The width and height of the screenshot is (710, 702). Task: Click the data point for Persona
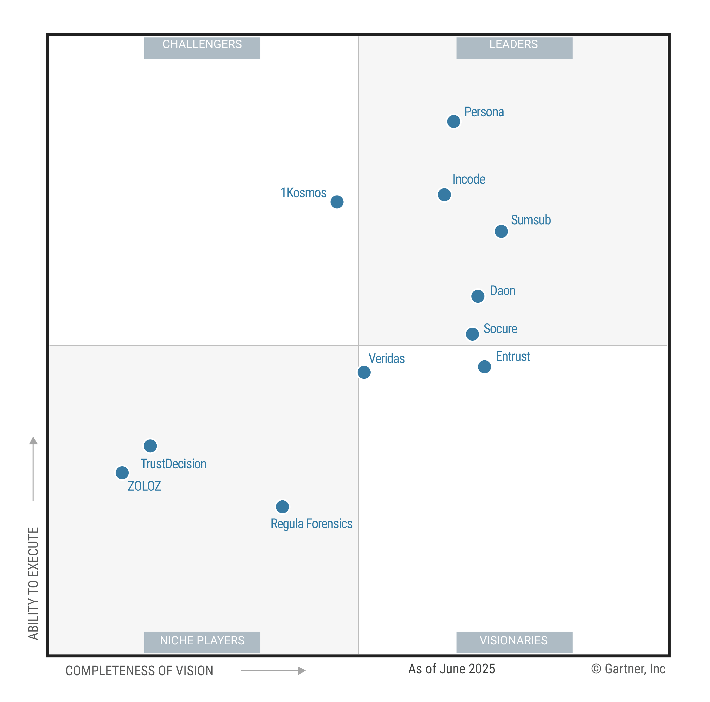pyautogui.click(x=454, y=121)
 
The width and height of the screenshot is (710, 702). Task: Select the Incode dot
pyautogui.click(x=444, y=195)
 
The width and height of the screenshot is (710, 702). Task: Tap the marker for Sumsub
pyautogui.click(x=501, y=232)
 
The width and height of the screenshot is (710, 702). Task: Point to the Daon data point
pyautogui.click(x=478, y=296)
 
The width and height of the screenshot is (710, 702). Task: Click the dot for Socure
pyautogui.click(x=472, y=334)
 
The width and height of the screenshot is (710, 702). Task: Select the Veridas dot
pyautogui.click(x=364, y=372)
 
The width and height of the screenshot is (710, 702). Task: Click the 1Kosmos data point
pyautogui.click(x=337, y=202)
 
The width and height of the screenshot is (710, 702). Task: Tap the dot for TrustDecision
pyautogui.click(x=150, y=446)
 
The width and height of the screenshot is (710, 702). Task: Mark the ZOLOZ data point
pyautogui.click(x=122, y=473)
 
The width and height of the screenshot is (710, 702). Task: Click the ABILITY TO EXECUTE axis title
pyautogui.click(x=33, y=584)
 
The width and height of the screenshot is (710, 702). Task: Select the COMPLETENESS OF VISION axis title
pyautogui.click(x=139, y=671)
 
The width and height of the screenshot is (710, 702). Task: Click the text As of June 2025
pyautogui.click(x=452, y=669)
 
